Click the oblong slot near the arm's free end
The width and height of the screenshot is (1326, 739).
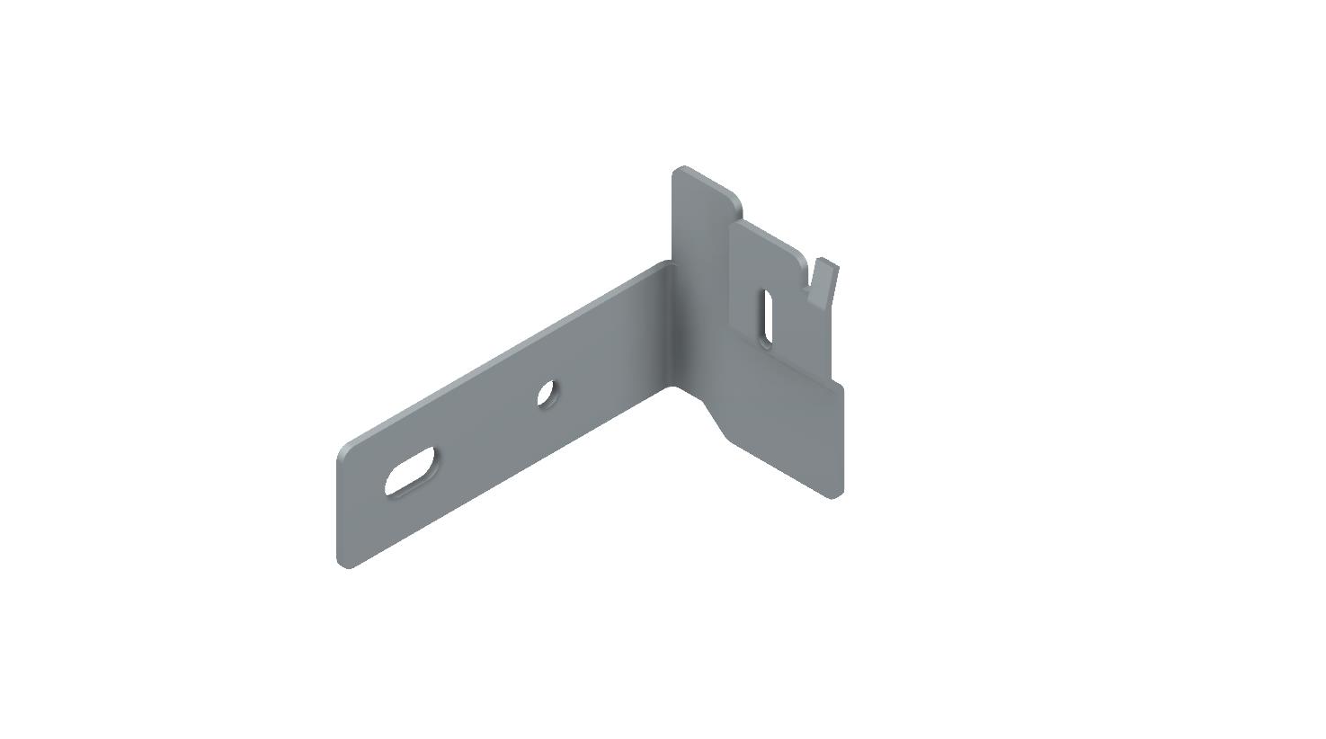(x=411, y=470)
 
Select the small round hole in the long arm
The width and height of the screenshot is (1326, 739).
(x=547, y=393)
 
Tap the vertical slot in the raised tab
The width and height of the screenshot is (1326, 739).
(x=766, y=316)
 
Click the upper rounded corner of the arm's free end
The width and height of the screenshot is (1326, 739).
(x=344, y=450)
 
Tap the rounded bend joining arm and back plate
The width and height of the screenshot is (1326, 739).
(x=670, y=324)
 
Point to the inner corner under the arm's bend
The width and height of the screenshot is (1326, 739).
(x=672, y=387)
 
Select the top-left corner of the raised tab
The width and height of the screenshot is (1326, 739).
(x=734, y=225)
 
